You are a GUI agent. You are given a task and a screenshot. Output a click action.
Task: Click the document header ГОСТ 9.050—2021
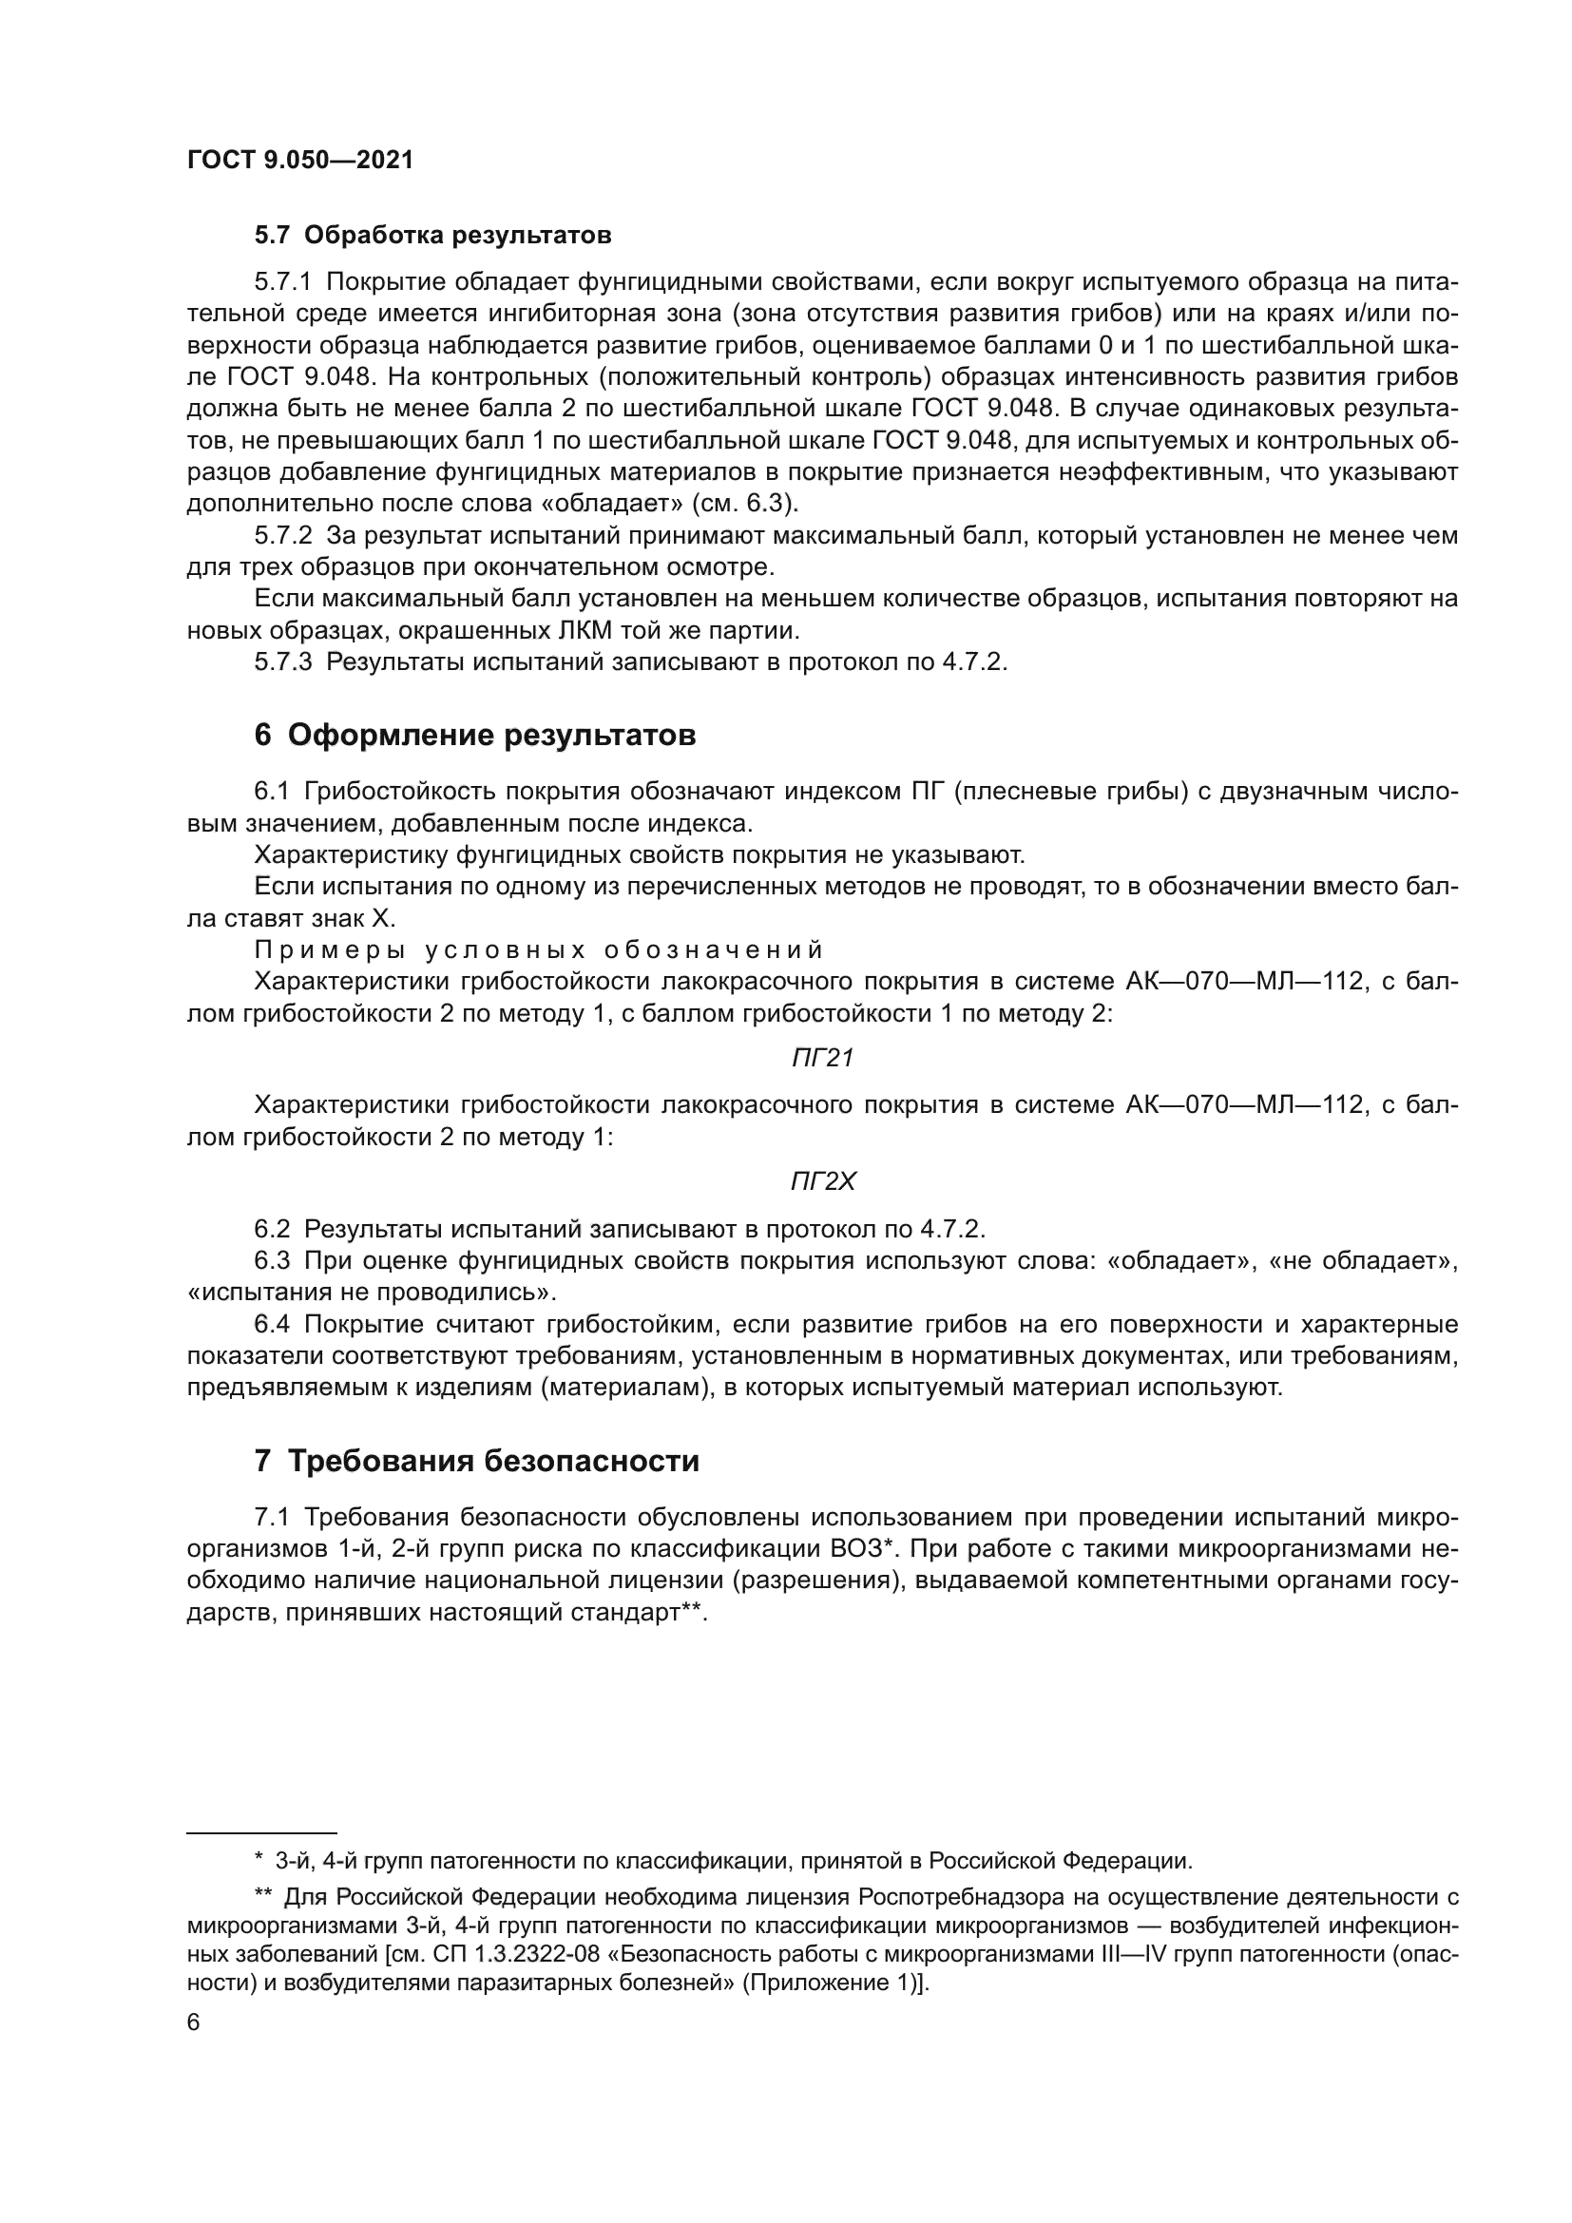pos(300,161)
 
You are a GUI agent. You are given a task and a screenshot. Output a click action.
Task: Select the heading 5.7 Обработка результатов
pos(432,236)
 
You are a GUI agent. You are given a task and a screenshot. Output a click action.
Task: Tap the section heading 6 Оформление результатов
pos(474,735)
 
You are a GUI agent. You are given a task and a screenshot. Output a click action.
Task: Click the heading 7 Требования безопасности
pos(476,1460)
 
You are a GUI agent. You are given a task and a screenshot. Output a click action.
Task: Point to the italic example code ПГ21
pos(822,1058)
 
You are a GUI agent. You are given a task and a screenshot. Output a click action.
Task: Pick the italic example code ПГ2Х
pos(823,1181)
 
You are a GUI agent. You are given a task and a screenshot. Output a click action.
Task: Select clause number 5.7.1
pos(282,282)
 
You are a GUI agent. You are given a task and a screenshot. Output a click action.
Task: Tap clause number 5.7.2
pos(282,535)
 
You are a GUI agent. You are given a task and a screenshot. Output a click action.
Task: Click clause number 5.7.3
pos(282,662)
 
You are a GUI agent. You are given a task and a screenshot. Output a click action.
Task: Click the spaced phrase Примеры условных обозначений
pos(538,949)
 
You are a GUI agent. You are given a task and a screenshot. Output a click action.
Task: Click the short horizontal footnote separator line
pos(261,1832)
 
